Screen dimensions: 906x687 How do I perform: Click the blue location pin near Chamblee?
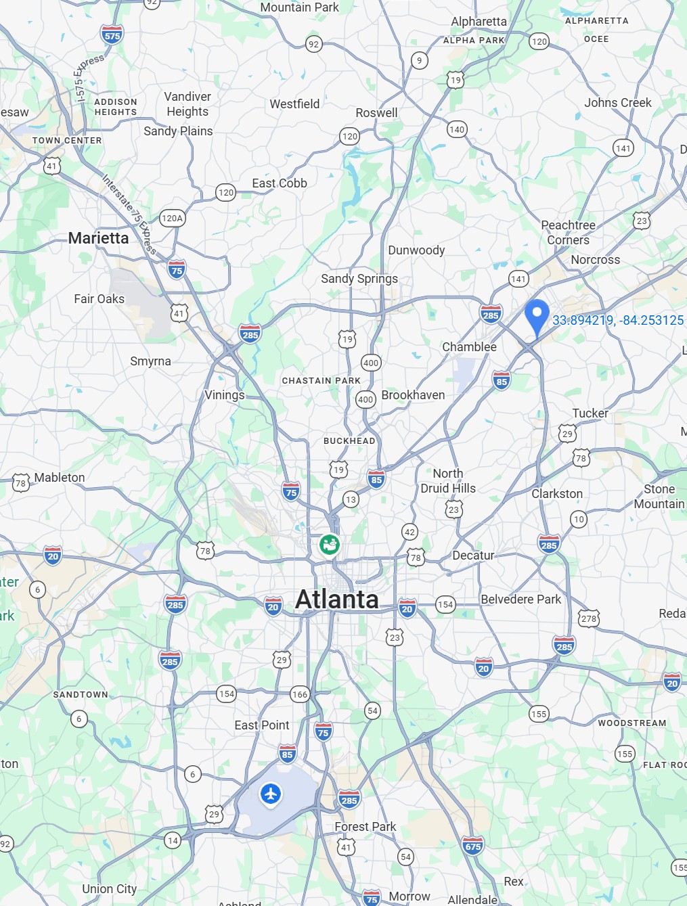point(537,316)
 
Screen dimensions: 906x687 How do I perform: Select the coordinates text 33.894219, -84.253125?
point(618,320)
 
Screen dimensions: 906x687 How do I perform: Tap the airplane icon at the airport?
point(271,793)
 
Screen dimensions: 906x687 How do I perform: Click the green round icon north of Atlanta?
point(330,544)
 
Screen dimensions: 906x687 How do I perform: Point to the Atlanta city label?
point(337,599)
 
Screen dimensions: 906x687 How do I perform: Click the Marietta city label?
point(99,238)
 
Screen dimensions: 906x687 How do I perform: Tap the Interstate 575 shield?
point(112,35)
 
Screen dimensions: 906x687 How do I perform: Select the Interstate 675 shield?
point(473,846)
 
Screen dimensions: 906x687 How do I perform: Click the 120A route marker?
point(172,218)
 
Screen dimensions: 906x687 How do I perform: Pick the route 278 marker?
point(589,618)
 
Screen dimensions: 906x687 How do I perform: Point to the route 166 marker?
point(300,694)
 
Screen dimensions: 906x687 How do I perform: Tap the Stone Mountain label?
point(659,497)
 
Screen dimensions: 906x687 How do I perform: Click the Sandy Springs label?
point(359,279)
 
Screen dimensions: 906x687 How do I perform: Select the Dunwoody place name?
point(416,250)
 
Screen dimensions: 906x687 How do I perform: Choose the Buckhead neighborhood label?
point(349,441)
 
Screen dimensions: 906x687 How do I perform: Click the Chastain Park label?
point(322,381)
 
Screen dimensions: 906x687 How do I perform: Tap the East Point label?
point(262,725)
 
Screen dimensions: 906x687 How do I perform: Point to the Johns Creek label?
point(618,103)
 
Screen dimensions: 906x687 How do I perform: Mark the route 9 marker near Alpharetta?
point(420,61)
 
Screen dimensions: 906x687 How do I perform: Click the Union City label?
point(110,889)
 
